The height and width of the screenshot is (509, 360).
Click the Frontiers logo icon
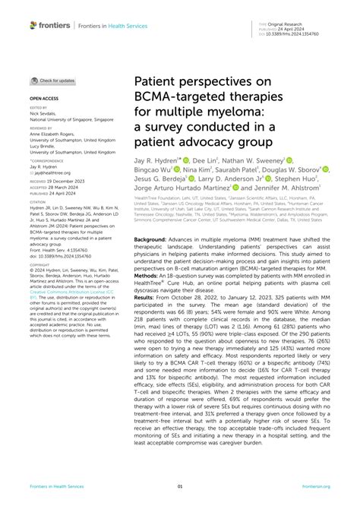[x=34, y=25]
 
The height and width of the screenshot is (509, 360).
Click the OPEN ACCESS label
[x=44, y=98]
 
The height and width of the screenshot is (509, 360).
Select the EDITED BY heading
[x=39, y=109]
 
